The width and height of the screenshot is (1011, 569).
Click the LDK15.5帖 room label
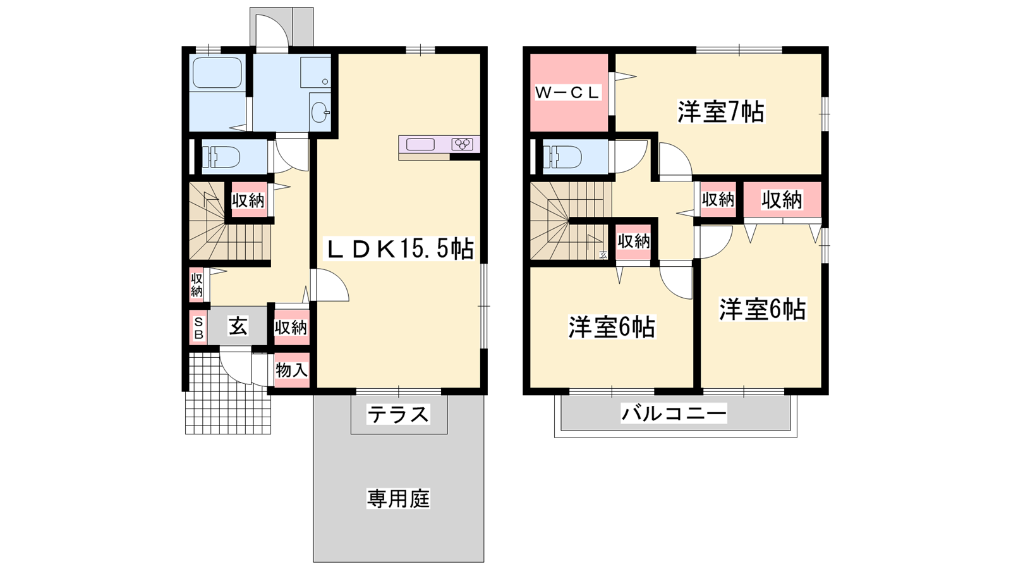[399, 249]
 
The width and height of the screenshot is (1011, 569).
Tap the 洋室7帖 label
[721, 112]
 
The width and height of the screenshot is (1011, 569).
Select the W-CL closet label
[567, 92]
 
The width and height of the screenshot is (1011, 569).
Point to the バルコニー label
[674, 413]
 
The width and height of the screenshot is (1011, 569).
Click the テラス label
[398, 414]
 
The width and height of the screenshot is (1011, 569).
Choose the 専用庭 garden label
[398, 499]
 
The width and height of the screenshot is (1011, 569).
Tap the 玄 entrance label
[238, 326]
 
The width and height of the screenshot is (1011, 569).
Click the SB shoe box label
[198, 328]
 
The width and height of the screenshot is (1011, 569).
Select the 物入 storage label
[291, 370]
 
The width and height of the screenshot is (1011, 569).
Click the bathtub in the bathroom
[217, 72]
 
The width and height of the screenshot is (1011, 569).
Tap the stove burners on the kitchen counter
[463, 144]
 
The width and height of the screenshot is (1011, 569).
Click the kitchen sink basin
[420, 144]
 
